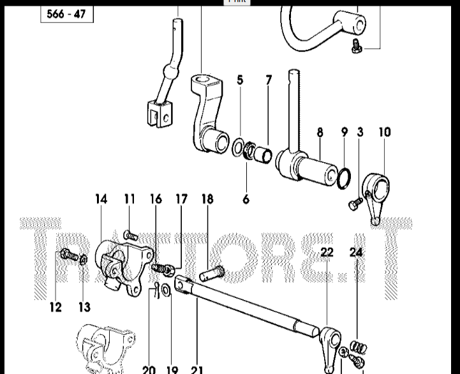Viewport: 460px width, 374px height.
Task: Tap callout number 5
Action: pos(240,80)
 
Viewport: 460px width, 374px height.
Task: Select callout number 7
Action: pos(269,80)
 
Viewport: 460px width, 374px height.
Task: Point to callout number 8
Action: pos(320,133)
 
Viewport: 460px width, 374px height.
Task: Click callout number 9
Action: pos(345,133)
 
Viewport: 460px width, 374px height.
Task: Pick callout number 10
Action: pos(384,133)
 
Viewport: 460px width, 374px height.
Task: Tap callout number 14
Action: pos(101,199)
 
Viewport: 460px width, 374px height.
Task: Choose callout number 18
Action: pos(207,199)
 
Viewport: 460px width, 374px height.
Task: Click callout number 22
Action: pos(327,253)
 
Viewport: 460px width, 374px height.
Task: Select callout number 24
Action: pos(356,253)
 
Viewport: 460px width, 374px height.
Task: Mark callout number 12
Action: pos(56,307)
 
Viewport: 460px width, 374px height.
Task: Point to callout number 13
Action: pos(84,307)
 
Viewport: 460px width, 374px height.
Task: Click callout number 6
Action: pos(246,199)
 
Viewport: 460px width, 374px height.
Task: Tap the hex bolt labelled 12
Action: pos(67,257)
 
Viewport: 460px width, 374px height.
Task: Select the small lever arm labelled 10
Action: pos(378,198)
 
